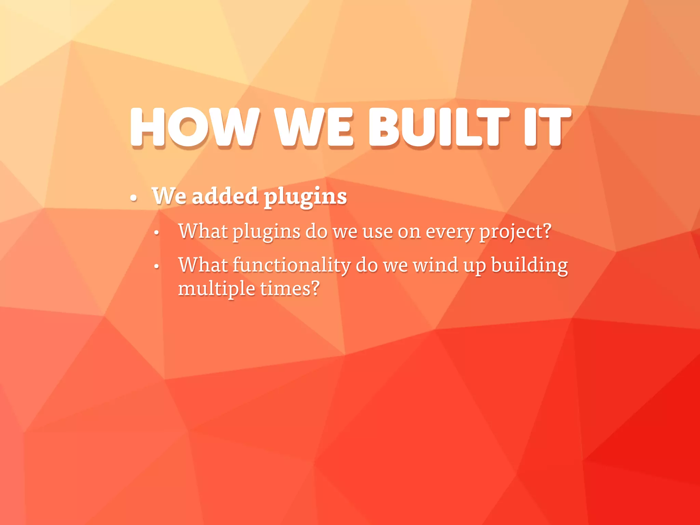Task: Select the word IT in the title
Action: coord(547,127)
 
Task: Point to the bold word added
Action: coord(225,196)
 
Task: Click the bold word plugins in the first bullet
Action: coord(305,198)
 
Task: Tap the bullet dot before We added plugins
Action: coord(134,198)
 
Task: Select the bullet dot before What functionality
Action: coord(157,266)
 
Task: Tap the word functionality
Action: coord(292,266)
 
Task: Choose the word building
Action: coord(529,266)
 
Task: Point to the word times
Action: coord(285,288)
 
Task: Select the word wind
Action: coord(435,265)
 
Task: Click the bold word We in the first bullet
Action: coord(169,196)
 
